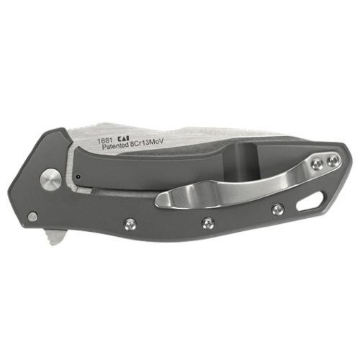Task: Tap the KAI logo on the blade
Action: tap(124, 138)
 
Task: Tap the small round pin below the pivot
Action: tap(32, 217)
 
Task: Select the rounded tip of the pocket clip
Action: tap(161, 201)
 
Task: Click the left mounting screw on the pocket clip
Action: tap(318, 164)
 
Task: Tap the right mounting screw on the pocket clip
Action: tap(334, 161)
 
